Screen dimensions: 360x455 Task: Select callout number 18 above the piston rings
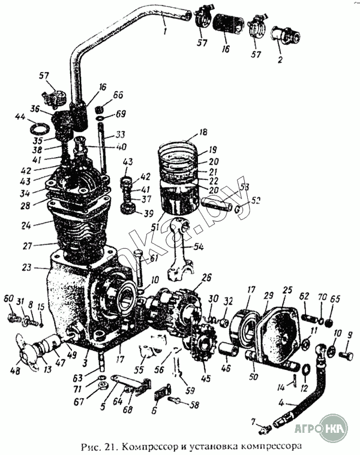(203, 132)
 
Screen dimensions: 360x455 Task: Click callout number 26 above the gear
(207, 278)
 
